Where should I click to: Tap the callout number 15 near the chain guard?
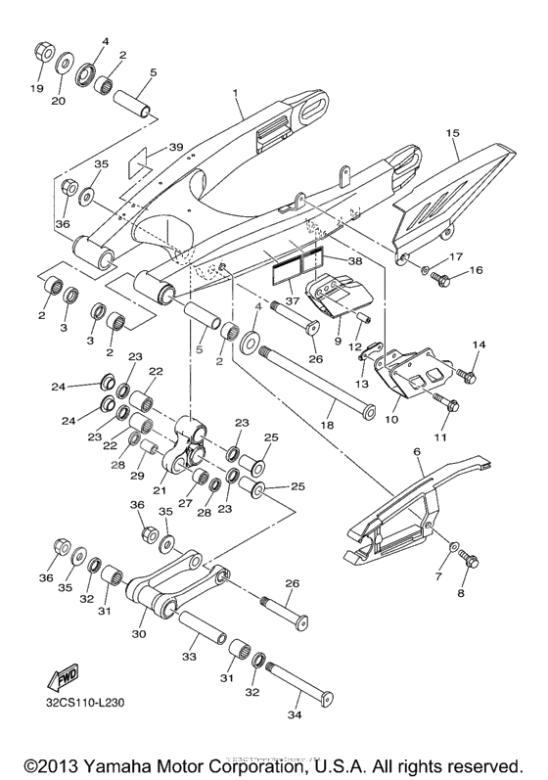[x=452, y=131]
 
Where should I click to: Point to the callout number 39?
[x=175, y=148]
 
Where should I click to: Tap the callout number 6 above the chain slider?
[x=416, y=451]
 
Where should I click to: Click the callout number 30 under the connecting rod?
[x=137, y=634]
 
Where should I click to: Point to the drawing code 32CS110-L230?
[x=84, y=702]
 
